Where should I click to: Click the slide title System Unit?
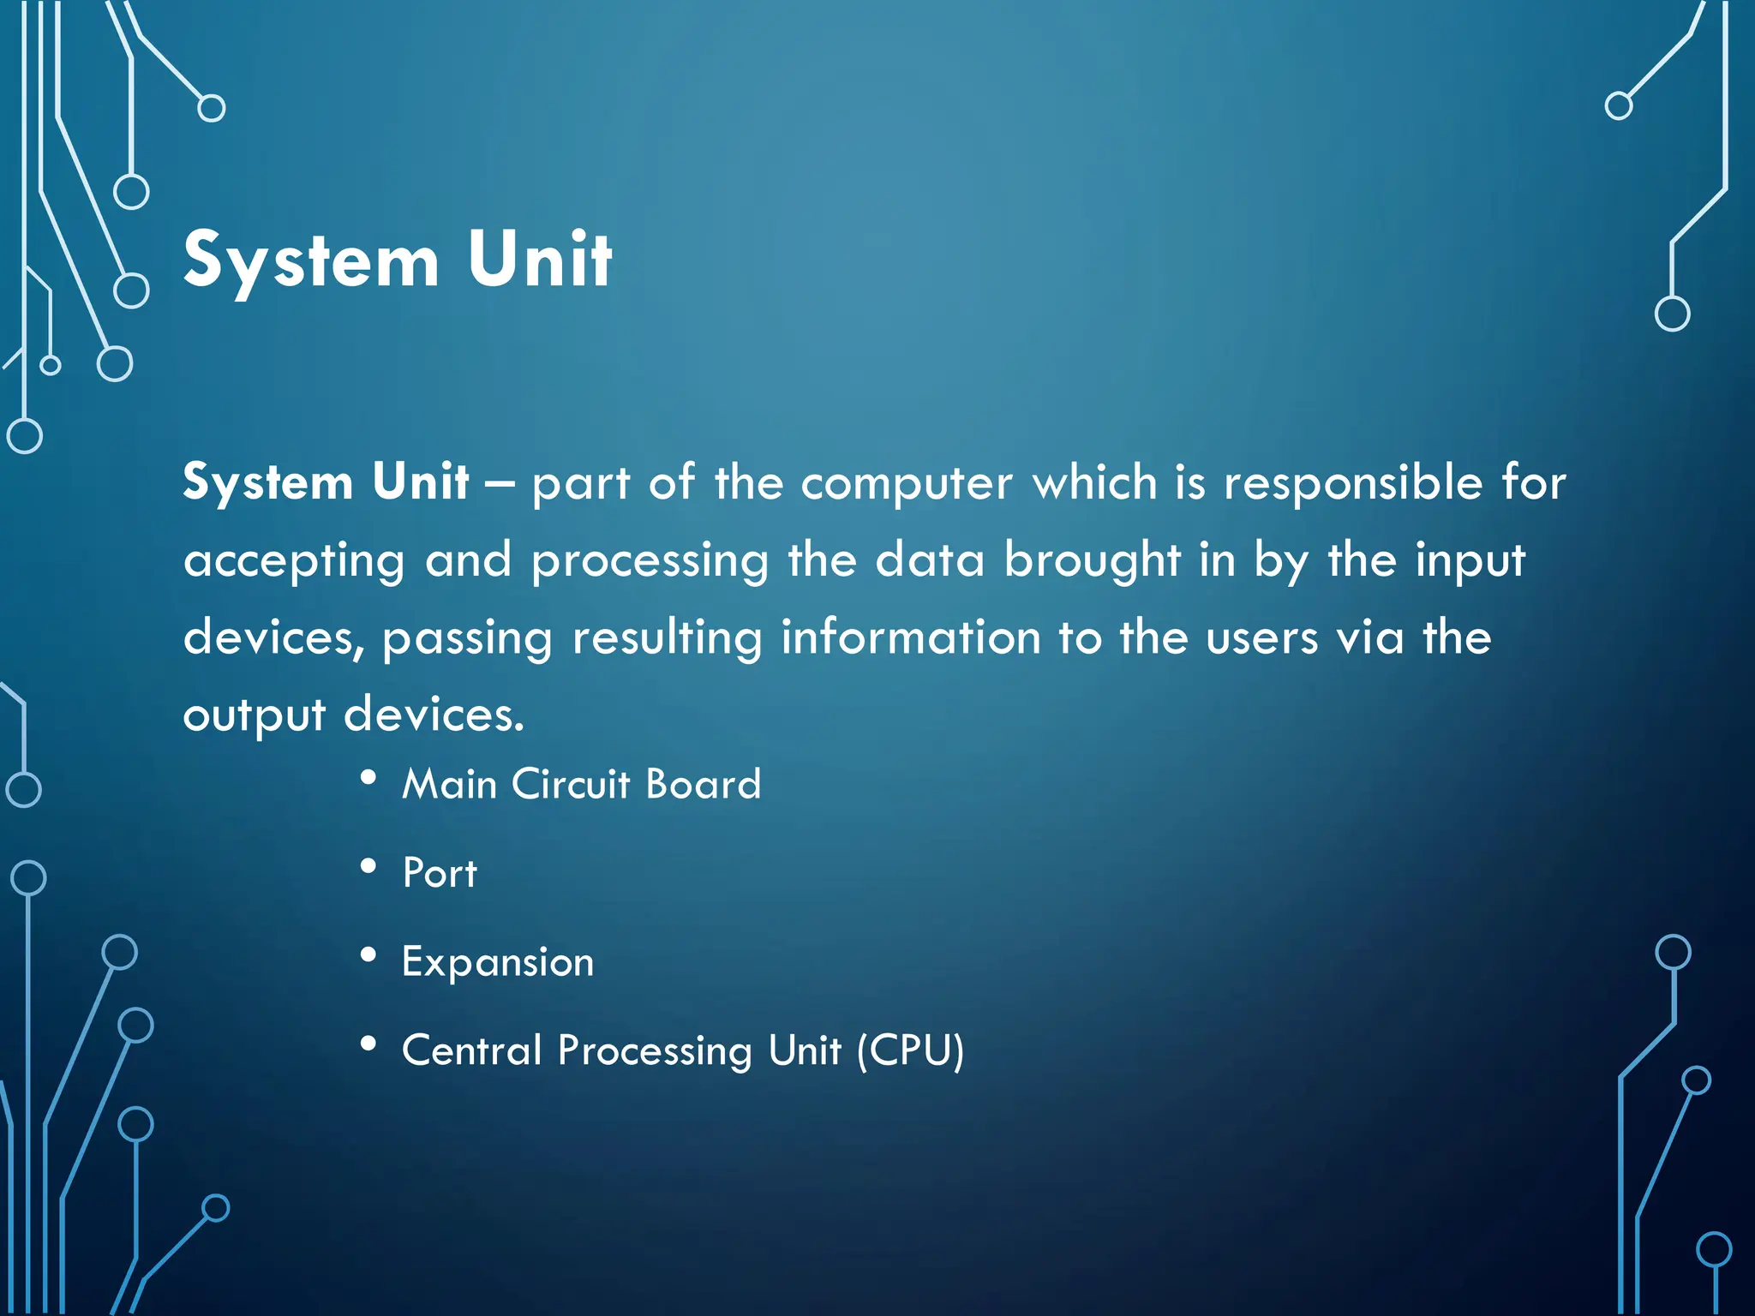398,260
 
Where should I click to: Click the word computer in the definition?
906,483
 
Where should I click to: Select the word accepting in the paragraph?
294,562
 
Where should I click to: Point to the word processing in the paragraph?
650,562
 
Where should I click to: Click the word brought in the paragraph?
1092,560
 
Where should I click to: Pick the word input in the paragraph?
1470,562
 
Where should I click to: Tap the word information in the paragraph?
910,637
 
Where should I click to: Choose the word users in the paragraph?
1261,639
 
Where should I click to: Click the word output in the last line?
254,716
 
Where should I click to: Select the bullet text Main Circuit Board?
581,784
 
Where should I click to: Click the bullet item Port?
440,873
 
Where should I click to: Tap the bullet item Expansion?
498,962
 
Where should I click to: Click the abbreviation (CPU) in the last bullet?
911,1050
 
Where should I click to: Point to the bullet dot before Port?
368,866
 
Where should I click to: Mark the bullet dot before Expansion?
368,955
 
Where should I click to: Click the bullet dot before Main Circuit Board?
368,777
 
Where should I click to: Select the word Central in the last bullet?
472,1050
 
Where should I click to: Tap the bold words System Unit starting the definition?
326,482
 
